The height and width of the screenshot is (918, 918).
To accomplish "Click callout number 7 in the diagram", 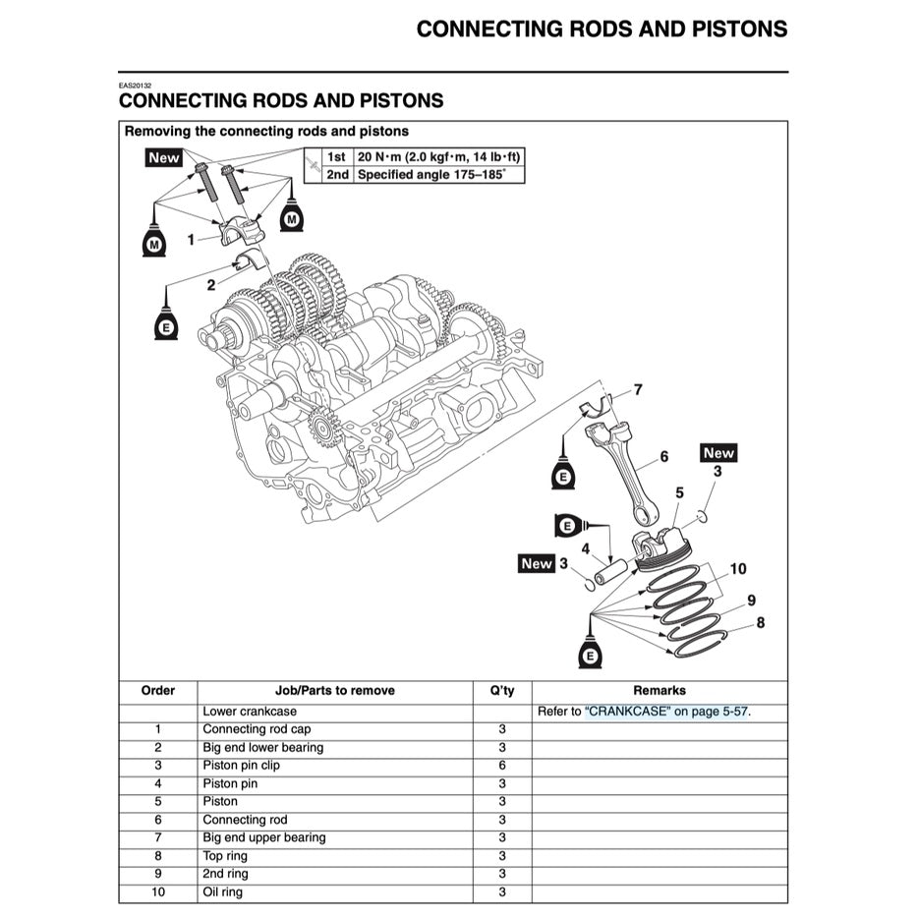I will [x=637, y=390].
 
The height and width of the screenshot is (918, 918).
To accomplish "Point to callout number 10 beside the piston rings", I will [x=738, y=569].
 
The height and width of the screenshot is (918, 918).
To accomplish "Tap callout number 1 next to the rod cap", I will [x=191, y=238].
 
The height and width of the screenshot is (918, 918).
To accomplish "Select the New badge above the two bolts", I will [x=164, y=157].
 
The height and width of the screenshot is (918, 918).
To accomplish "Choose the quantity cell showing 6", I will [x=501, y=766].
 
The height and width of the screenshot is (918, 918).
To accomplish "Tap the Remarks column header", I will [x=660, y=691].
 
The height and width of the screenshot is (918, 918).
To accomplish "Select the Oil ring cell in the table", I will [x=222, y=892].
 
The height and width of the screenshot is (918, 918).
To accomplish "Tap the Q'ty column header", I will [x=501, y=691].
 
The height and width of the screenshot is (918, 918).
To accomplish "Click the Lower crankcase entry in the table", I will [x=249, y=712].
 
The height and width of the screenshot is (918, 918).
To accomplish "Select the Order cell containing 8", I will [x=158, y=856].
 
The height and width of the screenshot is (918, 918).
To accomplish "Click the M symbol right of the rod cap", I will [x=291, y=218].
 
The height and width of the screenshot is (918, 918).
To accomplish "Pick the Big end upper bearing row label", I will [x=263, y=837].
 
